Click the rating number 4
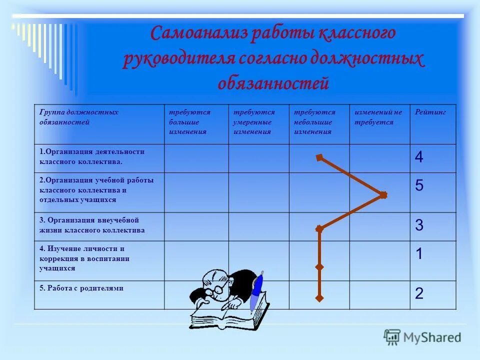pyautogui.click(x=419, y=158)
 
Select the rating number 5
pyautogui.click(x=419, y=186)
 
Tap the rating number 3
pyautogui.click(x=419, y=225)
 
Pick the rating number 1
pyautogui.click(x=419, y=254)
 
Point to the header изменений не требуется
pyautogui.click(x=378, y=117)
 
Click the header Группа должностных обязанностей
pyautogui.click(x=79, y=117)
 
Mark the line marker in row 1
pyautogui.click(x=319, y=158)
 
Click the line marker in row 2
pyautogui.click(x=383, y=195)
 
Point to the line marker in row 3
pyautogui.click(x=319, y=228)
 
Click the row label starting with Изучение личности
pyautogui.click(x=84, y=258)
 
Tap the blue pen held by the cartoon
pyautogui.click(x=256, y=292)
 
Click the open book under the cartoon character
pyautogui.click(x=227, y=315)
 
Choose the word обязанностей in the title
pyautogui.click(x=273, y=83)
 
